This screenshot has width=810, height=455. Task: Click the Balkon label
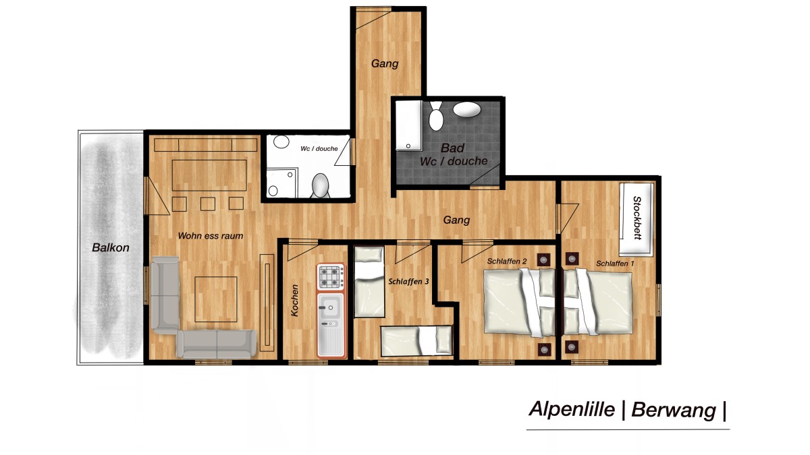(110, 248)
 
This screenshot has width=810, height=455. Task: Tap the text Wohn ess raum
(210, 236)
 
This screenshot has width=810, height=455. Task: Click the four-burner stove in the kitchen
(331, 277)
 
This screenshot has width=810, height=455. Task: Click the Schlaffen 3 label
(409, 282)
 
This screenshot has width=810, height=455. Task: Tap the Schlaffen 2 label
(507, 260)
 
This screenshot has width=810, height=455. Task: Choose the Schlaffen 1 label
(615, 264)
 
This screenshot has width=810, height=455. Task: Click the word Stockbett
(637, 218)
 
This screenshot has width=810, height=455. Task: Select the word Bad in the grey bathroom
(452, 148)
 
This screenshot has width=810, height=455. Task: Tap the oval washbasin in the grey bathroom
(466, 109)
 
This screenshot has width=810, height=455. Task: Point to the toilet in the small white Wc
(320, 185)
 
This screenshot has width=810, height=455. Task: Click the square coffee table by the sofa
(217, 299)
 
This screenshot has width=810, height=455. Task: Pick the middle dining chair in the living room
(207, 203)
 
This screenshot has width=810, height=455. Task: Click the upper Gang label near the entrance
(385, 64)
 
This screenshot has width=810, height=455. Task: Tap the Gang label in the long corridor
(456, 220)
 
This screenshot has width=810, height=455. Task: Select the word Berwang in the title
(673, 410)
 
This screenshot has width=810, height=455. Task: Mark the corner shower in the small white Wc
(280, 182)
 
